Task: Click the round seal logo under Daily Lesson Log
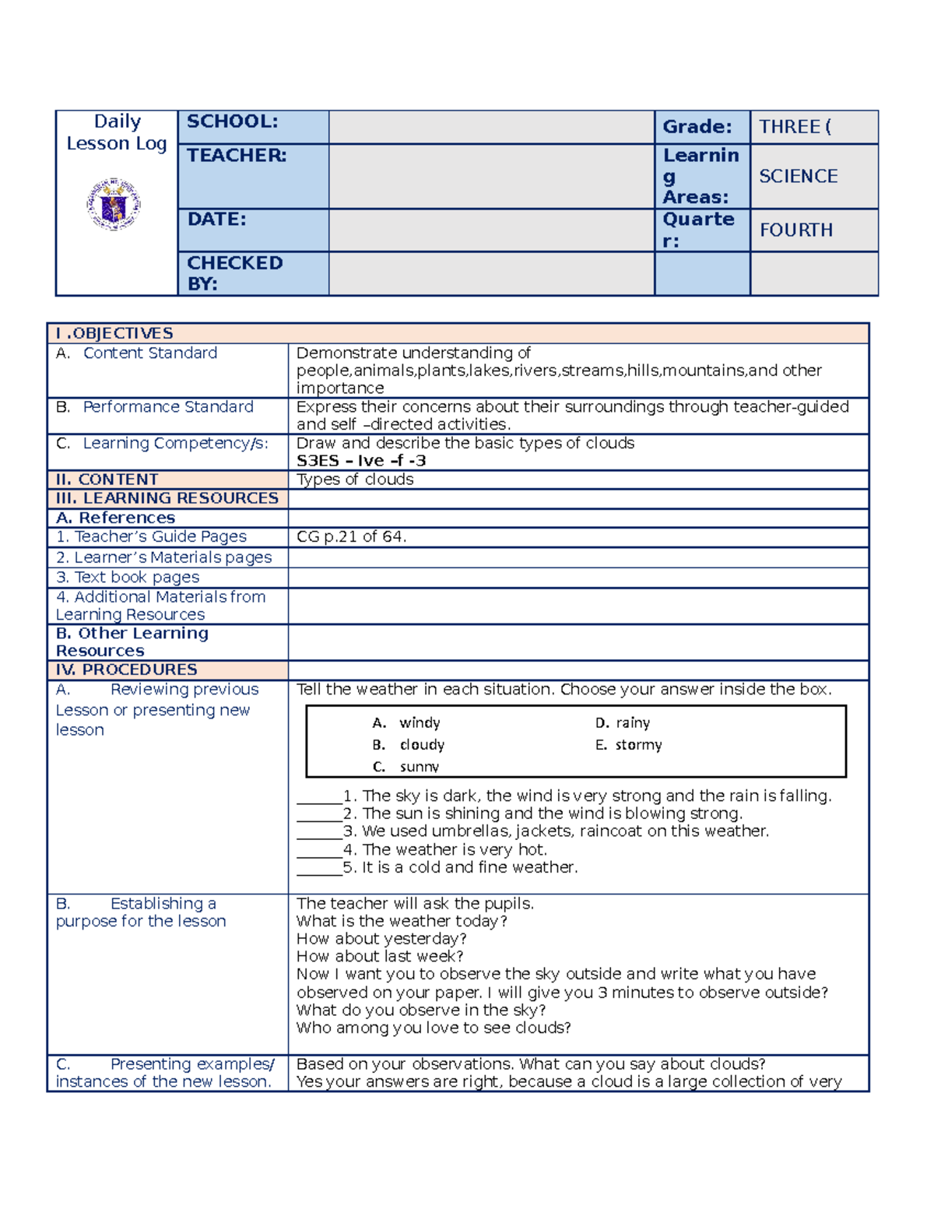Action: pyautogui.click(x=114, y=204)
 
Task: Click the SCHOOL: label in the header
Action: pyautogui.click(x=232, y=121)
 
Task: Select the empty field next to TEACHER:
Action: pyautogui.click(x=491, y=176)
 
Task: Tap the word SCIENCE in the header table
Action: pyautogui.click(x=798, y=177)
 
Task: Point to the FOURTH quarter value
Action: pyautogui.click(x=795, y=230)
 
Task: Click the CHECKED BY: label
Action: pyautogui.click(x=234, y=273)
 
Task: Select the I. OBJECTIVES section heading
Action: pyautogui.click(x=114, y=333)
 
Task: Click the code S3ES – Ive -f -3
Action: pyautogui.click(x=361, y=461)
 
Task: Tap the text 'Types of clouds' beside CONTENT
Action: pyautogui.click(x=355, y=480)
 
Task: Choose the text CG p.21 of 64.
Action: pyautogui.click(x=351, y=536)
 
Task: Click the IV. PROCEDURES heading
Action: pyautogui.click(x=126, y=670)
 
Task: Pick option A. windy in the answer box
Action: pyautogui.click(x=406, y=723)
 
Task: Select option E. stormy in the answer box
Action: pyautogui.click(x=628, y=745)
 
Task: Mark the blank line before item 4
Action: pyautogui.click(x=319, y=850)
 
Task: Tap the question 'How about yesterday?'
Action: pyautogui.click(x=381, y=939)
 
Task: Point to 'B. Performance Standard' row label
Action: pyautogui.click(x=154, y=407)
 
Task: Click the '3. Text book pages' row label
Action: pyautogui.click(x=128, y=577)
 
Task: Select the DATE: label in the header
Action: pyautogui.click(x=216, y=220)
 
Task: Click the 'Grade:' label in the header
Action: pyautogui.click(x=697, y=127)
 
